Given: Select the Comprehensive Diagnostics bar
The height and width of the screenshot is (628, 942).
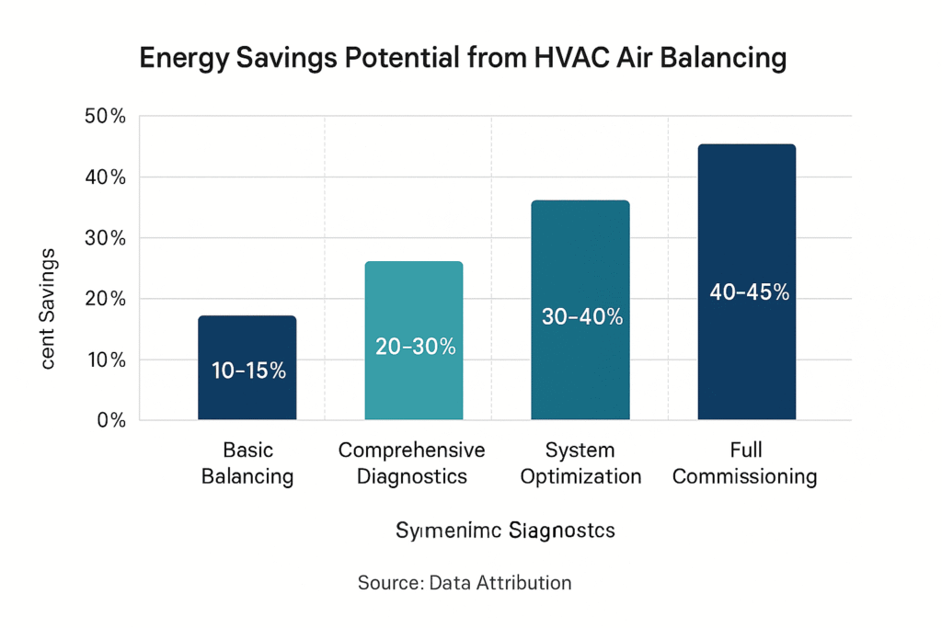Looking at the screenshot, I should click(x=413, y=303).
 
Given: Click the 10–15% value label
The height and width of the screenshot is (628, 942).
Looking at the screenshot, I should click(x=248, y=371).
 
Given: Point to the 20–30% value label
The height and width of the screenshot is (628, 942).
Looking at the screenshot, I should click(x=415, y=347).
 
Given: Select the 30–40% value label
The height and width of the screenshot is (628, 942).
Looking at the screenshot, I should click(x=581, y=316).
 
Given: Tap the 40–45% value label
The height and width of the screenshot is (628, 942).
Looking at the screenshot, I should click(x=749, y=292).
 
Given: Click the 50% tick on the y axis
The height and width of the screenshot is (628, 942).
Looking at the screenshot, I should click(x=104, y=117).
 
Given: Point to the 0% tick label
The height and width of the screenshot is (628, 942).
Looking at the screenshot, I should click(x=109, y=420).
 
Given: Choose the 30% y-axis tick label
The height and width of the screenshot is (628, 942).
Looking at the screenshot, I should click(x=104, y=238).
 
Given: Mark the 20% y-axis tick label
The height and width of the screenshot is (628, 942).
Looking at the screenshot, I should click(x=104, y=299).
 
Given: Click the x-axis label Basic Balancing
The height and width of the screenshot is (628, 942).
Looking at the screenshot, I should click(x=247, y=463).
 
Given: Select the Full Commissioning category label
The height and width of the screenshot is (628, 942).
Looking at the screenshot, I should click(x=747, y=463).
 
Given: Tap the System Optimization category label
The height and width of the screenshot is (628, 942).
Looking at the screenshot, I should click(x=580, y=463).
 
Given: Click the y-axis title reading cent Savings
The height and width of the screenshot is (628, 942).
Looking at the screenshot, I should click(x=49, y=308).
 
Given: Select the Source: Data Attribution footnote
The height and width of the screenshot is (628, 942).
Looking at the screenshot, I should click(x=464, y=583).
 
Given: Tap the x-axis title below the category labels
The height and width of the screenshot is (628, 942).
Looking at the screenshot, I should click(x=505, y=531).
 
